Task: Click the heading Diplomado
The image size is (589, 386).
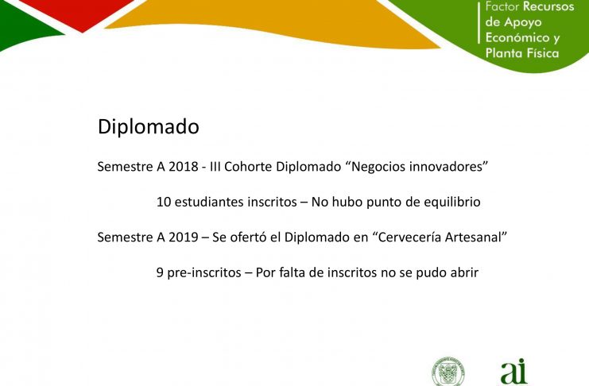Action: [149, 127]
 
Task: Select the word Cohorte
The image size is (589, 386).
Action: [248, 166]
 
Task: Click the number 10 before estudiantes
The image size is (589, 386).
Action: [164, 202]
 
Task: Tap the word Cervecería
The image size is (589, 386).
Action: [409, 237]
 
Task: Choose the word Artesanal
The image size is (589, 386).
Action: [474, 237]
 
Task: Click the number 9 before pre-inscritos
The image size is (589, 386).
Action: [160, 272]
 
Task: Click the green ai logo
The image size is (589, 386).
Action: [514, 372]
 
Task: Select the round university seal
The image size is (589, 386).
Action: [448, 372]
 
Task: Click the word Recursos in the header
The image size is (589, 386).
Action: [548, 6]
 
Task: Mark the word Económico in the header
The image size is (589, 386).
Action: [517, 37]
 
